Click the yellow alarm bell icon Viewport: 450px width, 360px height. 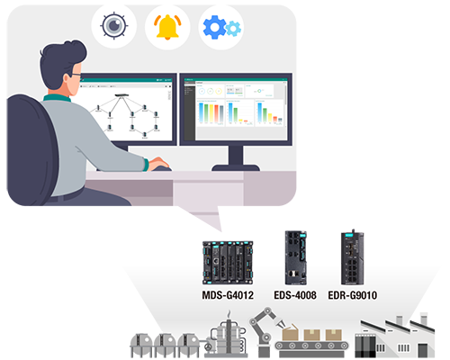[x=167, y=27]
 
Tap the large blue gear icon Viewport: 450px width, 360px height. [x=214, y=27]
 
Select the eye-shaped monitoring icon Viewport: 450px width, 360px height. [x=114, y=25]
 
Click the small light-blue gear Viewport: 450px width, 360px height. [x=233, y=29]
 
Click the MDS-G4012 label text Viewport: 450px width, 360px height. [x=228, y=295]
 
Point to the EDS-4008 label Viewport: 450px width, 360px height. [x=295, y=295]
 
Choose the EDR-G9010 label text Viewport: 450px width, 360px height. [x=353, y=295]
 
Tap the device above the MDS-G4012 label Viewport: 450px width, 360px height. [x=228, y=263]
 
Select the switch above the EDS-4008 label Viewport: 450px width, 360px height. [x=296, y=257]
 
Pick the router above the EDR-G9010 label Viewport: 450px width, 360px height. [x=353, y=257]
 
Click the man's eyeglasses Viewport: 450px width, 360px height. [x=76, y=75]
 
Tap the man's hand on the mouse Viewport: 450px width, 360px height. [x=158, y=164]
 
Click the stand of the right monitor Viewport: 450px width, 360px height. [x=236, y=158]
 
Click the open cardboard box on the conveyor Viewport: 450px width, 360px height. [x=290, y=332]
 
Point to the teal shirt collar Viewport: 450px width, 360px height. [x=57, y=98]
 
